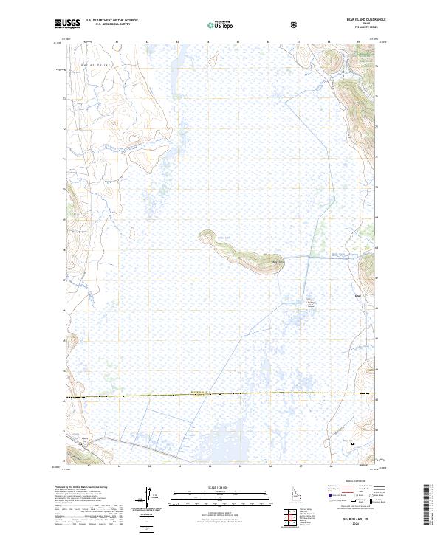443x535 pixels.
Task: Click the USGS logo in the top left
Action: [x=67, y=24]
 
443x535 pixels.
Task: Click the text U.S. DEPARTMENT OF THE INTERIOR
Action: [x=111, y=21]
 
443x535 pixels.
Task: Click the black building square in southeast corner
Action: [x=352, y=443]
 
